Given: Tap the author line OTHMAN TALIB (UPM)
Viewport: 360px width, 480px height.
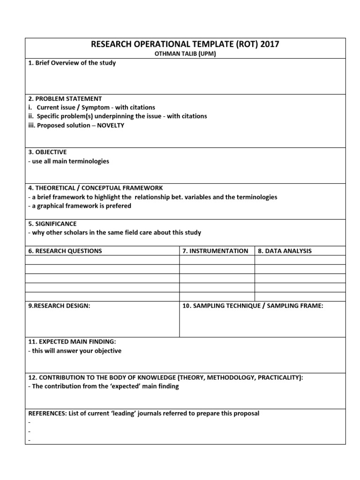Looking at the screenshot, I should pos(185,54).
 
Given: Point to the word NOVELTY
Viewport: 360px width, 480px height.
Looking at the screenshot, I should pos(111,125).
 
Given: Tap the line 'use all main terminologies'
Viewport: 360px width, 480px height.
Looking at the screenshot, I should pos(69,161).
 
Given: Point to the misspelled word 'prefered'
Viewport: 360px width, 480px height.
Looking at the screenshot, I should pos(119,206).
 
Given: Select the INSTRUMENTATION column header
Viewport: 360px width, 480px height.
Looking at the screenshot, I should pos(216,251).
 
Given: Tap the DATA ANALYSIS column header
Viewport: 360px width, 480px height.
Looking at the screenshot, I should pos(285,251).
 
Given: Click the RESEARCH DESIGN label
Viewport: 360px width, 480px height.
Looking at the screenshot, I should pos(59,306).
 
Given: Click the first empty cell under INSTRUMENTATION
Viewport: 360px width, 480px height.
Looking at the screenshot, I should pos(217,260).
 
